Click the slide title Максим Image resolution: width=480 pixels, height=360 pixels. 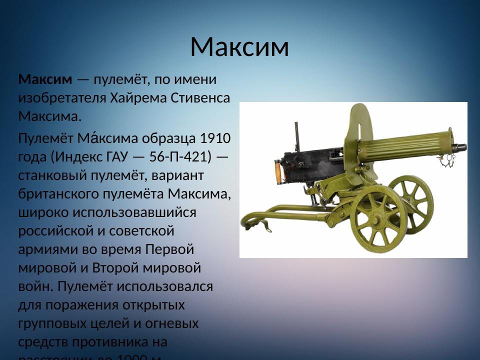coord(239,47)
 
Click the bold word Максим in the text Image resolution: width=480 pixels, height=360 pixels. coord(45,79)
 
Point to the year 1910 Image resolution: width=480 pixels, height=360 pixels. coord(215,137)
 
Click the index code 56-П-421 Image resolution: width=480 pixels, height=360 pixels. coord(180,156)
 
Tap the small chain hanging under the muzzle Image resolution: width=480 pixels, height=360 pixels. coord(447,160)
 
